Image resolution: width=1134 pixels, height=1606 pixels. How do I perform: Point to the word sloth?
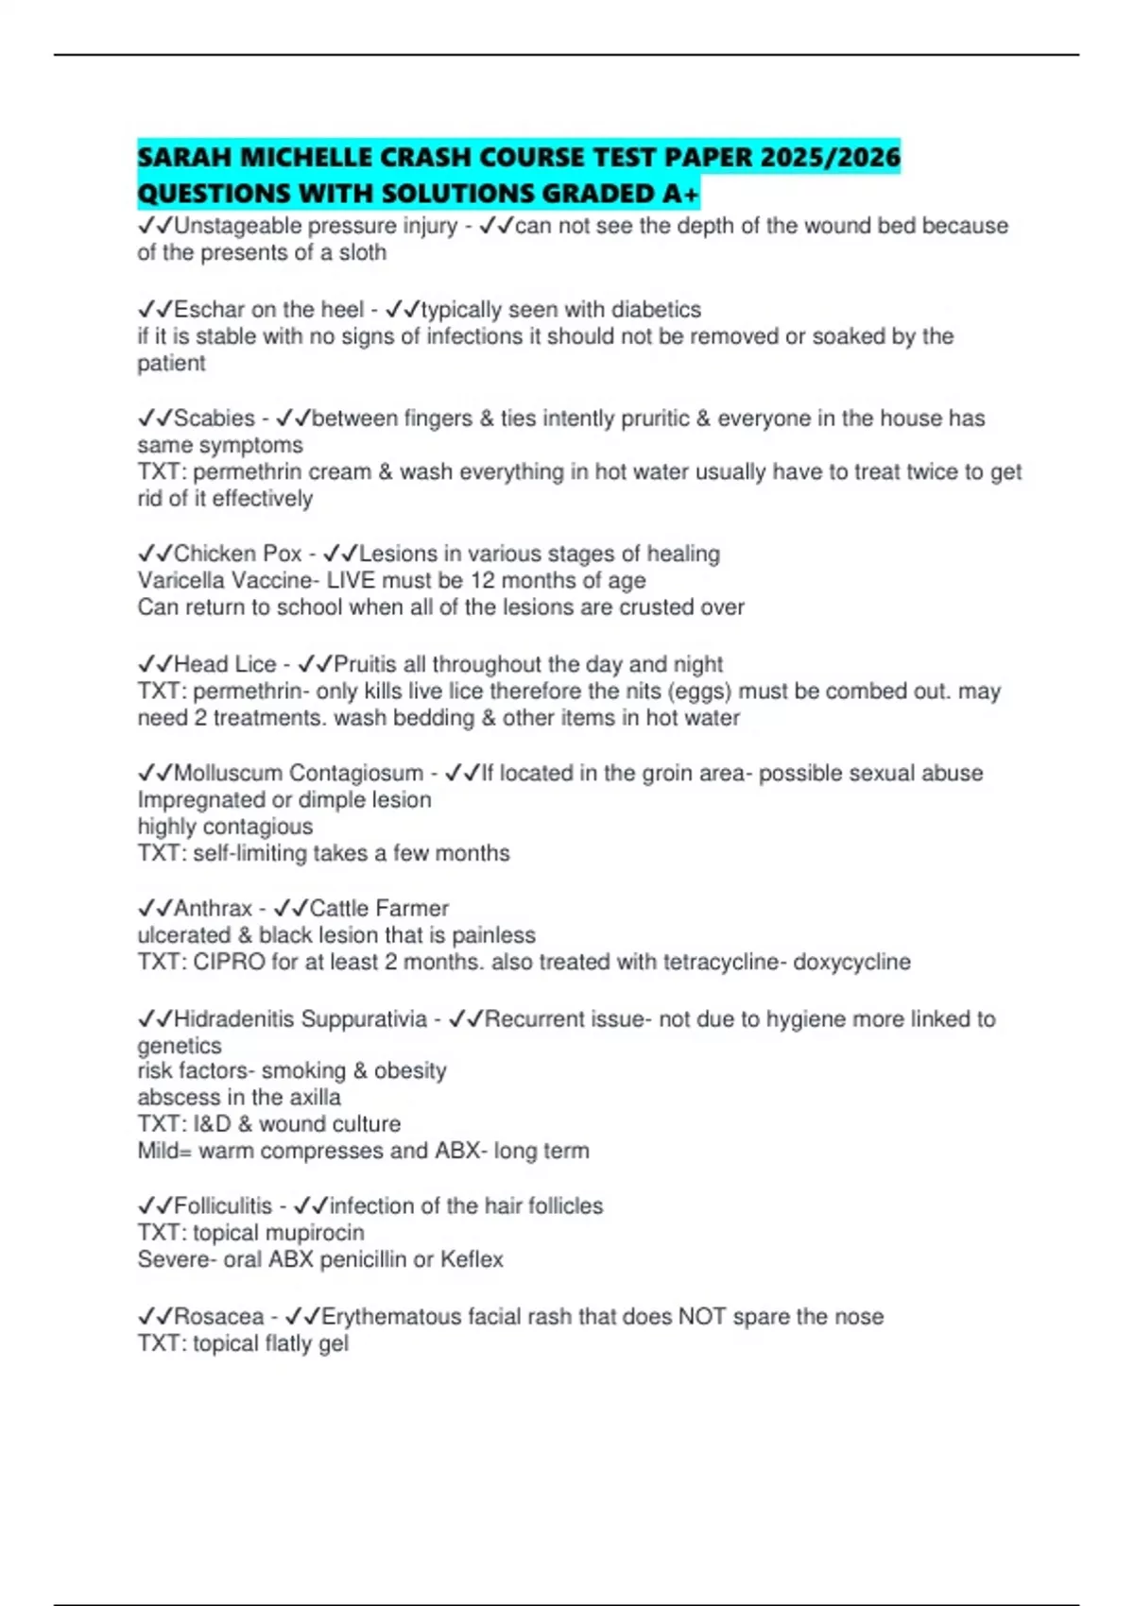click(363, 253)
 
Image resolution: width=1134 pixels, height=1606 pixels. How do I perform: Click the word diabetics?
click(657, 310)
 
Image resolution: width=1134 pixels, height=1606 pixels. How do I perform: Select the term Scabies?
click(215, 419)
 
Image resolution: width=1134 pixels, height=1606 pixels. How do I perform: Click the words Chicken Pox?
click(238, 554)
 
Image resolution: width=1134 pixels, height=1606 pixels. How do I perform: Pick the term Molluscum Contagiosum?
click(299, 773)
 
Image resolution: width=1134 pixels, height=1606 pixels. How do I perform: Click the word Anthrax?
click(213, 909)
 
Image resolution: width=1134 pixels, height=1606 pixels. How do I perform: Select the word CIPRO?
click(228, 963)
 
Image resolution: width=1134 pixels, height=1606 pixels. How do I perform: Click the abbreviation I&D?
click(213, 1124)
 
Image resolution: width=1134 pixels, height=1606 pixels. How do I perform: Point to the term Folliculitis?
click(223, 1206)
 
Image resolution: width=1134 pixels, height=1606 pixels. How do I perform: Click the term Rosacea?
click(218, 1317)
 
